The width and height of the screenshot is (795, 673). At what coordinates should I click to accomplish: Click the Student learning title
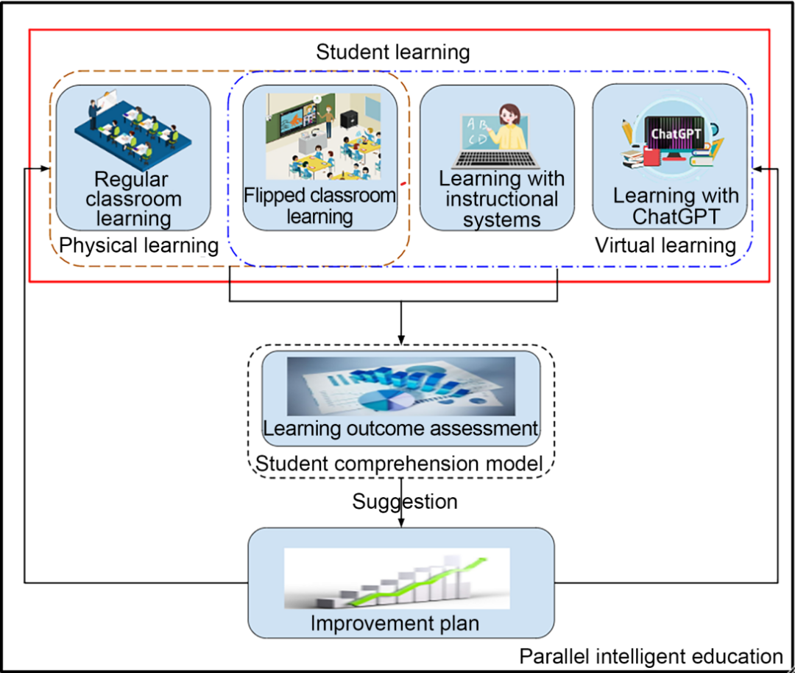click(x=392, y=53)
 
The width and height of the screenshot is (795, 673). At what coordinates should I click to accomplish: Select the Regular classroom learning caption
click(x=132, y=199)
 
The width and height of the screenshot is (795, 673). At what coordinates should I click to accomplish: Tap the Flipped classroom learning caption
click(x=319, y=206)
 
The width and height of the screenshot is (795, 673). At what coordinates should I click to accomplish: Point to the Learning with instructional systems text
click(x=502, y=199)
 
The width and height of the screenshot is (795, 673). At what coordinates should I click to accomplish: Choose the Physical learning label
click(x=139, y=246)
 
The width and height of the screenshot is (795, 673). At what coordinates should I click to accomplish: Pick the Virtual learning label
click(x=665, y=245)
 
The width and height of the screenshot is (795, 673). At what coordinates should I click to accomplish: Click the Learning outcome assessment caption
click(x=400, y=429)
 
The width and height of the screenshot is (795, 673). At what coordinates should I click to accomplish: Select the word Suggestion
click(x=405, y=502)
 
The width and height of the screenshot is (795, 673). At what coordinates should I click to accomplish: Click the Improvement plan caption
click(x=395, y=624)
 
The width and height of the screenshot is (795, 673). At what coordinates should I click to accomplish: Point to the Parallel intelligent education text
click(x=651, y=656)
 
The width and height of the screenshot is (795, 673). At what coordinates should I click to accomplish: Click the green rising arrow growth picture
click(x=397, y=578)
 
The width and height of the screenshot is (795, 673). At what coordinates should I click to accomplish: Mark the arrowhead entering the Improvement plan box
click(x=401, y=524)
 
